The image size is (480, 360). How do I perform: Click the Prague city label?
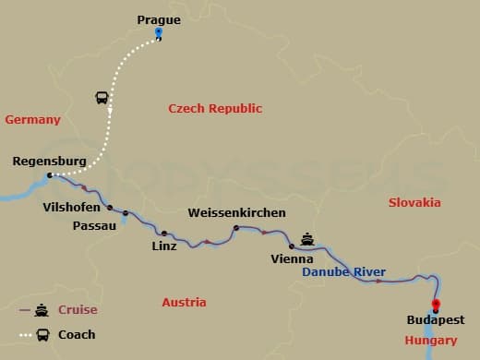point(159,18)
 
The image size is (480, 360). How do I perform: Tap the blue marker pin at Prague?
point(159,34)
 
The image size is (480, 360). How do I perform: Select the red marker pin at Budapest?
point(436,306)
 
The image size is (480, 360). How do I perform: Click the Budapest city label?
point(436,320)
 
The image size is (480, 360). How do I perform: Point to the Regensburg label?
point(49,161)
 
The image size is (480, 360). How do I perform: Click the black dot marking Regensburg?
point(50,174)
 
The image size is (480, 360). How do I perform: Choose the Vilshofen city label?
point(73,208)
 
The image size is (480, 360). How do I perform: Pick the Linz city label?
point(164,246)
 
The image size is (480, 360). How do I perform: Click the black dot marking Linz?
point(164,234)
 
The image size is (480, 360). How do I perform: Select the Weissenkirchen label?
point(236,213)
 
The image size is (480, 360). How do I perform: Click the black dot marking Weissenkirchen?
point(236,227)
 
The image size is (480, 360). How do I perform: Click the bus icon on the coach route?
point(101,98)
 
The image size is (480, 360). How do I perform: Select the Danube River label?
point(344,272)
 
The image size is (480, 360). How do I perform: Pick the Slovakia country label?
point(414,202)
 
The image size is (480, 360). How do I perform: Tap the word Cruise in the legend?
point(78,310)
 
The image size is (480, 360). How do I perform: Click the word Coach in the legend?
point(77,334)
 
